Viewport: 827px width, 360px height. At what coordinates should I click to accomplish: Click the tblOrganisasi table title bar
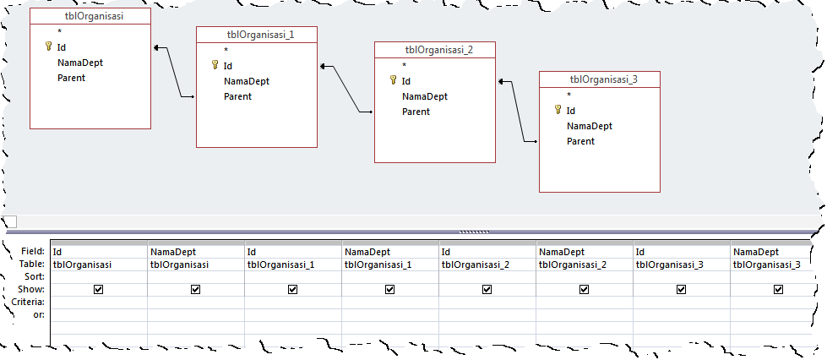(x=90, y=15)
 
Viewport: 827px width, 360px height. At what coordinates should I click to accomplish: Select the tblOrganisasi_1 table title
(x=257, y=34)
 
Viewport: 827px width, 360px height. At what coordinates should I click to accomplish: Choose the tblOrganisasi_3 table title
(x=599, y=79)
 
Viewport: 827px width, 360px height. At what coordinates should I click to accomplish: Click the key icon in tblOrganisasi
(x=49, y=47)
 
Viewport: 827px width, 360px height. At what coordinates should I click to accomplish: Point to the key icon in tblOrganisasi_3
(x=558, y=110)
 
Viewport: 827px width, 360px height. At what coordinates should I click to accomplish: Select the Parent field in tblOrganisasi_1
(x=237, y=96)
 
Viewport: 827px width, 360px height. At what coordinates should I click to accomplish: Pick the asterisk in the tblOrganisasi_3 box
(x=569, y=95)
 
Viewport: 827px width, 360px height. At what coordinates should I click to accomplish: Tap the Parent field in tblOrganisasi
(x=71, y=78)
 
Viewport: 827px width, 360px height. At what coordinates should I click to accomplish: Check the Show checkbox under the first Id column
(x=99, y=289)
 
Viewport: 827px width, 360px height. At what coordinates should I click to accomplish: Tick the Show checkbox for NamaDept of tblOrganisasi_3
(x=778, y=289)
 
